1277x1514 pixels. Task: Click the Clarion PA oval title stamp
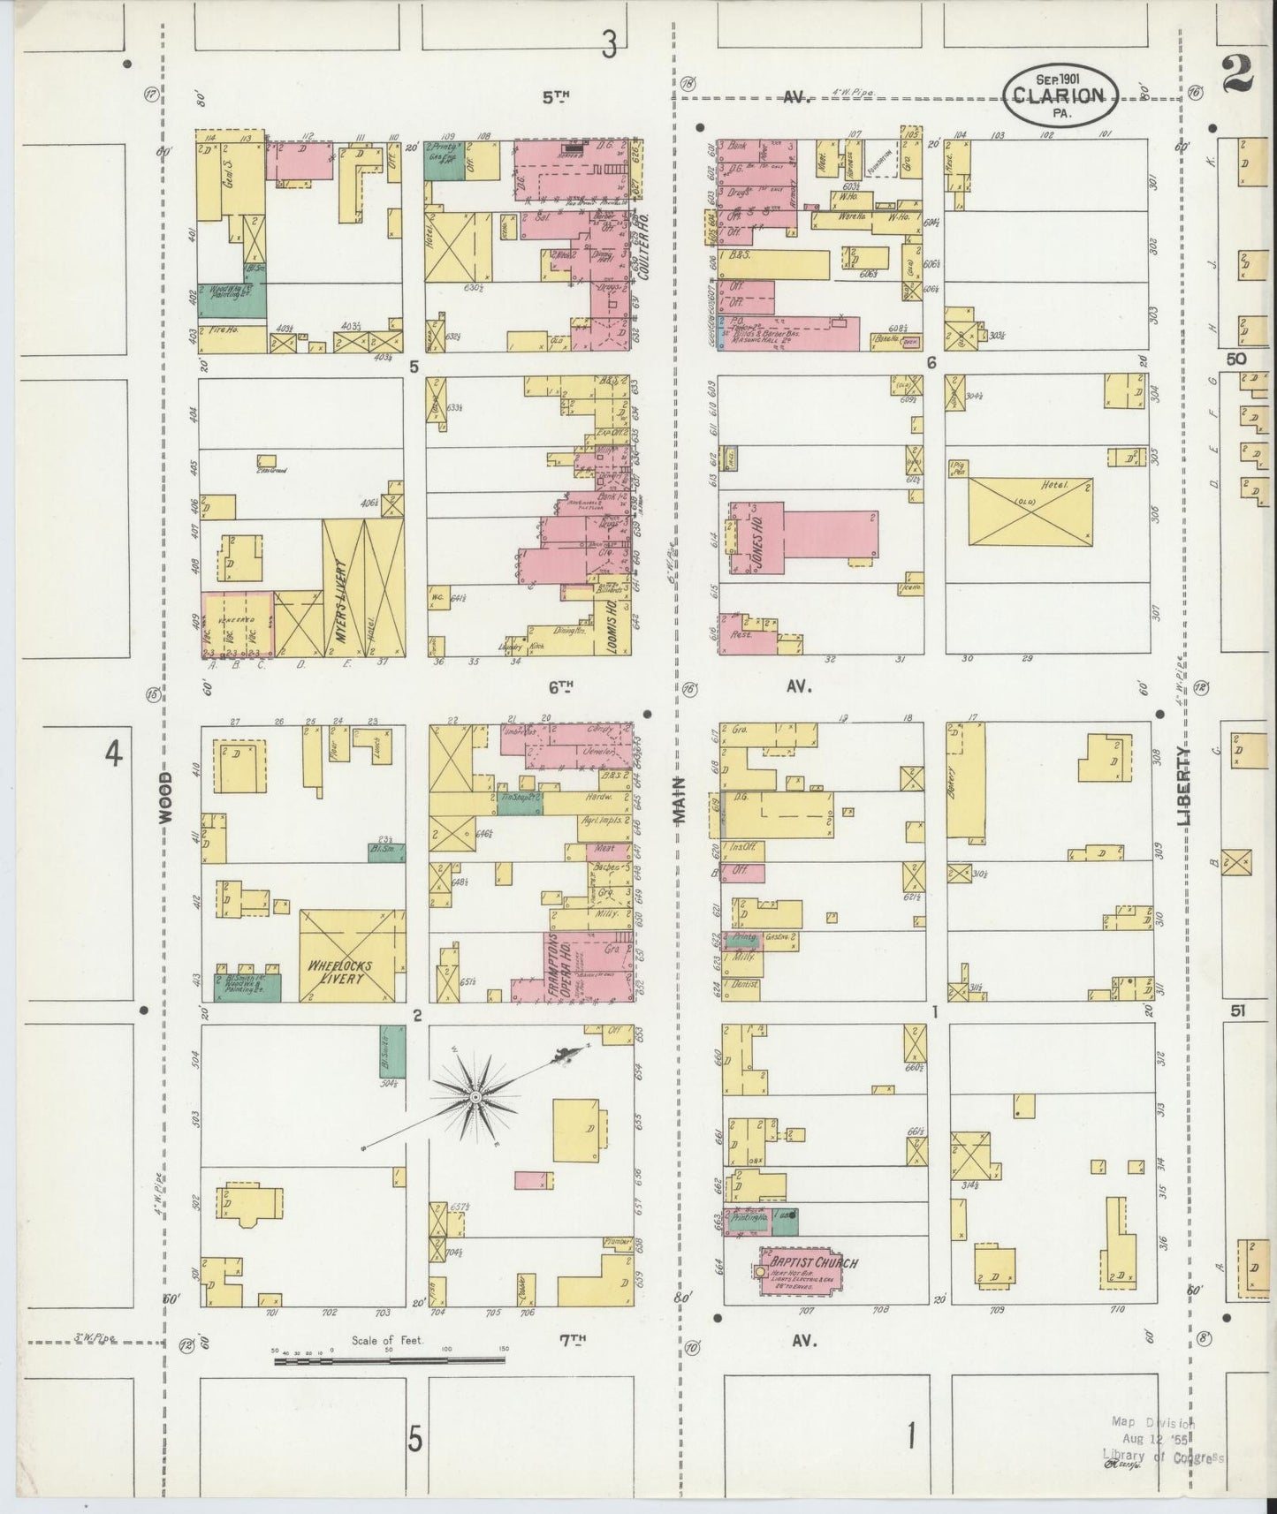[x=1060, y=95]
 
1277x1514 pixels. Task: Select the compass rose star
[x=475, y=1096]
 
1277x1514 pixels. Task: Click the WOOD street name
[x=166, y=798]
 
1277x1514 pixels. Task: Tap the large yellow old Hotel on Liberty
[x=1030, y=512]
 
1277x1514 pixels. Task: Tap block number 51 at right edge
[x=1237, y=1011]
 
